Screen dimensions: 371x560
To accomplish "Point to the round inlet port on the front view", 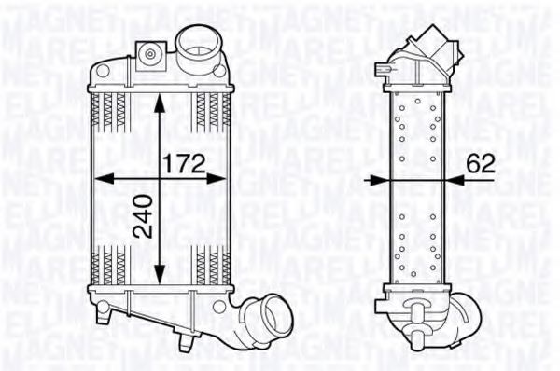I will coord(197,42).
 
